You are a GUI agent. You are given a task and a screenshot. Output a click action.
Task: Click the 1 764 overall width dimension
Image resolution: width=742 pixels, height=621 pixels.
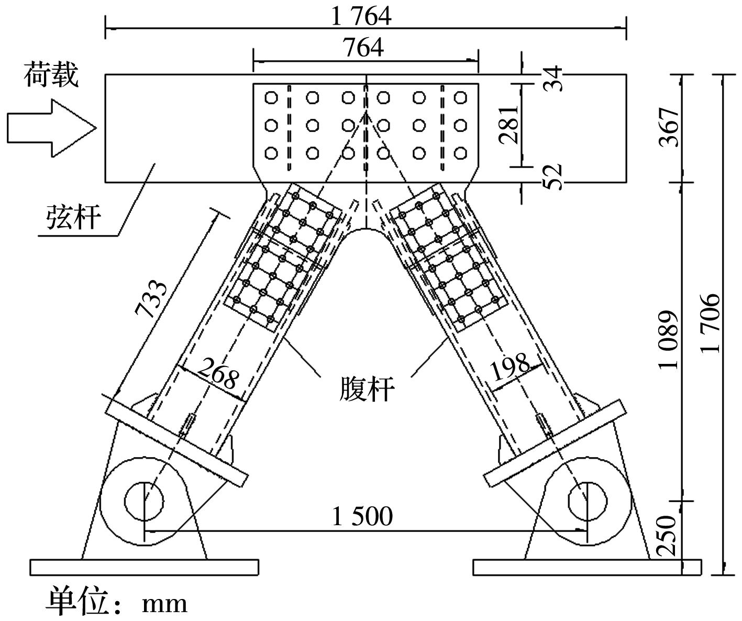pos(361,17)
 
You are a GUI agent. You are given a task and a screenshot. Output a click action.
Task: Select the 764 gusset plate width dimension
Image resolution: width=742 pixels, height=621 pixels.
pos(363,48)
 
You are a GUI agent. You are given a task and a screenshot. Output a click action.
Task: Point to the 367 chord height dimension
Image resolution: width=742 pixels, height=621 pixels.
pos(669,127)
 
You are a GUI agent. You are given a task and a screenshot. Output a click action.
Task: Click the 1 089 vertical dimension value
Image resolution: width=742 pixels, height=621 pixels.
pos(669,340)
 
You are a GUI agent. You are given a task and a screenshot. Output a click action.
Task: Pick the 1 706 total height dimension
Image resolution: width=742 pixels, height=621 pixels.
pos(710,323)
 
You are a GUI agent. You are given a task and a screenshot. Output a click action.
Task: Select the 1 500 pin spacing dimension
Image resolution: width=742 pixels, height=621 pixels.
pos(362,516)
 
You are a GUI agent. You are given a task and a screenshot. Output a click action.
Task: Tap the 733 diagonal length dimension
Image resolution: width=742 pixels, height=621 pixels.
pos(151,298)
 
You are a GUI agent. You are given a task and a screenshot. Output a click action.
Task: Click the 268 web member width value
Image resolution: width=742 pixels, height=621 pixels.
pos(218,373)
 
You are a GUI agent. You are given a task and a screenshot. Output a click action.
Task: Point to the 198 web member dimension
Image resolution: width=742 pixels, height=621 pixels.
pos(510,366)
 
